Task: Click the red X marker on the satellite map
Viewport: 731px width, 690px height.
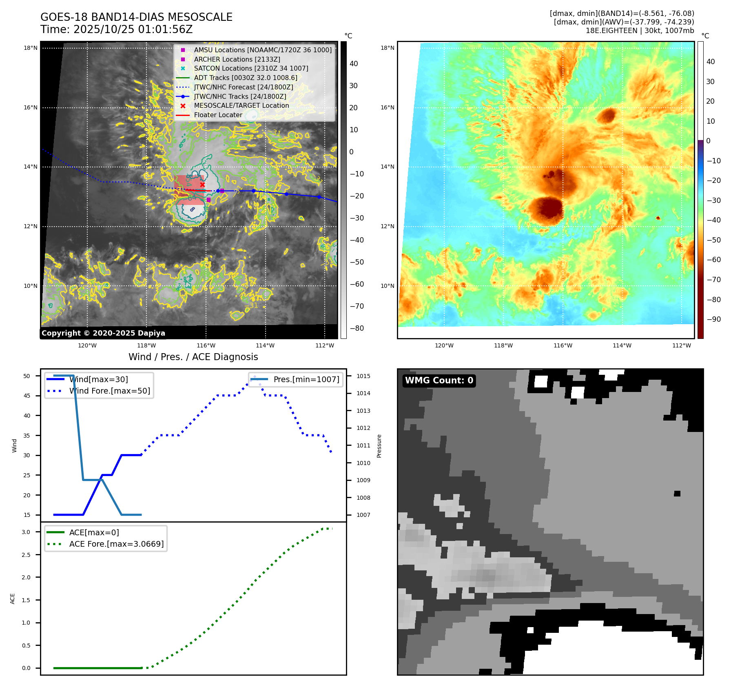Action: (x=202, y=185)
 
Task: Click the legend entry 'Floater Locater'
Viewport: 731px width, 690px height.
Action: (x=218, y=115)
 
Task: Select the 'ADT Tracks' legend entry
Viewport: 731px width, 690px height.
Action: (x=245, y=78)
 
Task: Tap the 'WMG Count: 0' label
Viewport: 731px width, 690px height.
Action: (x=439, y=381)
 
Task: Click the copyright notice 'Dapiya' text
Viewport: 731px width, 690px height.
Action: (x=103, y=333)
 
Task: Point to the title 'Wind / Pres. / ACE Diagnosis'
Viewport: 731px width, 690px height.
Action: (x=193, y=357)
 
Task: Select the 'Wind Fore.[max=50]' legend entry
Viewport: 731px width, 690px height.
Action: (x=109, y=391)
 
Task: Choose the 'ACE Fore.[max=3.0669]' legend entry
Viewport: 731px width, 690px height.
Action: (x=116, y=544)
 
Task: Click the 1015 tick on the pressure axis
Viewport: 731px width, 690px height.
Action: (x=363, y=376)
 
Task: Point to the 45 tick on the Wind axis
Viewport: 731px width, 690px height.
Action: (x=27, y=396)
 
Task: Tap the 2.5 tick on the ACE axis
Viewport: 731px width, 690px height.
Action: (x=26, y=555)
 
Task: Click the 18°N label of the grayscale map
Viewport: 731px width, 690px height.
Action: (x=31, y=48)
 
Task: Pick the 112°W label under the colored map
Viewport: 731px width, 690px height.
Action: (x=682, y=345)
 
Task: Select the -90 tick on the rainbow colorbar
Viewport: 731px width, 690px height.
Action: (x=713, y=319)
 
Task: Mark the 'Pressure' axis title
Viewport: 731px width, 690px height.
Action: (x=379, y=446)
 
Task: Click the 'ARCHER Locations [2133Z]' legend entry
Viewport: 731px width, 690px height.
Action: (x=237, y=59)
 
